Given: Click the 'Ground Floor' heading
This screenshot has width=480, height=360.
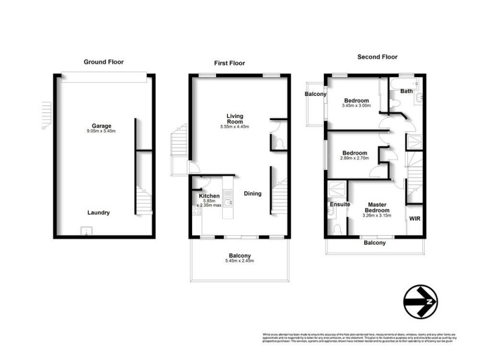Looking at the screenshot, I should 103,62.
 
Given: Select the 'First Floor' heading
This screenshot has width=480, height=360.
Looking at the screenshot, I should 230,63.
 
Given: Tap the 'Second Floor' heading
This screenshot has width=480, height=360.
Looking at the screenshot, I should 377,57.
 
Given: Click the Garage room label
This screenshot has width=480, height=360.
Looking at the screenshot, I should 101,126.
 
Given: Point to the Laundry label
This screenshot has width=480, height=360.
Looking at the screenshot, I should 99,212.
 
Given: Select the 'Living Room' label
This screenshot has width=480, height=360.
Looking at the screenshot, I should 235,118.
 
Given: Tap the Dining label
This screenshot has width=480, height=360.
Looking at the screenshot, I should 253,194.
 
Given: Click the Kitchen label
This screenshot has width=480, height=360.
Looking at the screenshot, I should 209,196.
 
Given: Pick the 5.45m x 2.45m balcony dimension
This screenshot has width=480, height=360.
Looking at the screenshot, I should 239,261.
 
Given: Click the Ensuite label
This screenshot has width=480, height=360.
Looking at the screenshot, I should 340,205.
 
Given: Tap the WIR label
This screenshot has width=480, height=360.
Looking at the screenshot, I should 415,219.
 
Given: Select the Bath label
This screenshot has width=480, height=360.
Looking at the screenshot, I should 406,91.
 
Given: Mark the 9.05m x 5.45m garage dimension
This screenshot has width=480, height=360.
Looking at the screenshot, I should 101,131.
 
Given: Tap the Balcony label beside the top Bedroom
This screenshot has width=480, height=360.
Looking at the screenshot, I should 316,94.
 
